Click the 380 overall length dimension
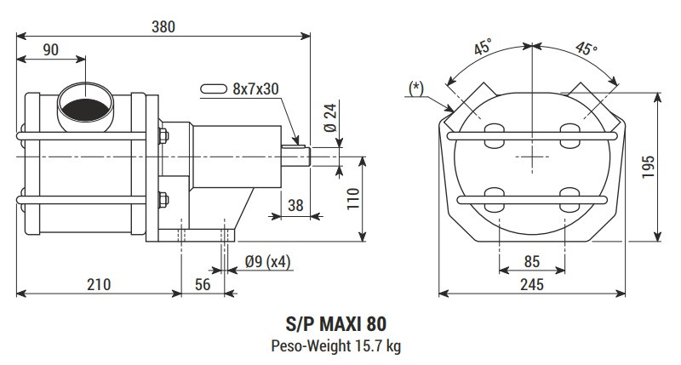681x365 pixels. (163, 26)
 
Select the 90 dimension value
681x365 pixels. (51, 50)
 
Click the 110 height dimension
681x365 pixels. (352, 199)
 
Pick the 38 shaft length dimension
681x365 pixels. (295, 204)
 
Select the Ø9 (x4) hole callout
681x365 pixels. (266, 261)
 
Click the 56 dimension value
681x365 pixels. (203, 284)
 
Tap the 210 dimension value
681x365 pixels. (98, 284)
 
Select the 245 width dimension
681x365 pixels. (531, 284)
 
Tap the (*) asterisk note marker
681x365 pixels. (416, 88)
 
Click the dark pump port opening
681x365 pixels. (86, 108)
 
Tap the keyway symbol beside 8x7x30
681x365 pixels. (214, 88)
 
